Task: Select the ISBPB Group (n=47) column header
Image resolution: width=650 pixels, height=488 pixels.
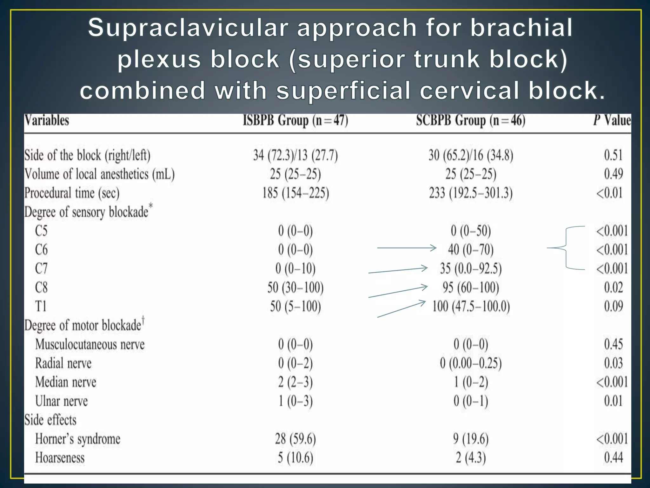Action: pyautogui.click(x=295, y=121)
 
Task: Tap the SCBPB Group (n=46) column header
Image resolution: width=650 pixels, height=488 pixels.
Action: pyautogui.click(x=471, y=121)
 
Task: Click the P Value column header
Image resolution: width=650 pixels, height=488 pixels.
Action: pyautogui.click(x=612, y=120)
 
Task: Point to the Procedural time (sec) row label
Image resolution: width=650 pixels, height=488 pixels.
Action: pyautogui.click(x=72, y=193)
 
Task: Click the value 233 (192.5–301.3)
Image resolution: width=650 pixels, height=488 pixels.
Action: pyautogui.click(x=471, y=193)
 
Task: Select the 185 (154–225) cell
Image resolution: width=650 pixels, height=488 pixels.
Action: pyautogui.click(x=295, y=193)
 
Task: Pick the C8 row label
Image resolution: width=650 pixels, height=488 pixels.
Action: pyautogui.click(x=41, y=288)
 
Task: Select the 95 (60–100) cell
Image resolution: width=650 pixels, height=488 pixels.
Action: pyautogui.click(x=471, y=288)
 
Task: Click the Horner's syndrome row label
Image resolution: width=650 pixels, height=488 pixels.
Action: pyautogui.click(x=78, y=439)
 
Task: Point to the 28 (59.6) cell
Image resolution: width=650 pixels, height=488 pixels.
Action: pyautogui.click(x=295, y=439)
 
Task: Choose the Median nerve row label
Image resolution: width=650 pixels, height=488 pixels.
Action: pyautogui.click(x=66, y=382)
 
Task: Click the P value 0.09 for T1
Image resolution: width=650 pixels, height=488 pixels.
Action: pyautogui.click(x=613, y=306)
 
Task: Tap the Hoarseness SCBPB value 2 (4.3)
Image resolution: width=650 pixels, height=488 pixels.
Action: pyautogui.click(x=471, y=458)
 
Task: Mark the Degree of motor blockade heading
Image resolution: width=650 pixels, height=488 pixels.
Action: pyautogui.click(x=83, y=325)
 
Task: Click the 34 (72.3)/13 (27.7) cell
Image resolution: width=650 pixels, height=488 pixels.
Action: pyautogui.click(x=295, y=155)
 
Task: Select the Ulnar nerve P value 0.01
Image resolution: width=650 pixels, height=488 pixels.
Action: pyautogui.click(x=613, y=401)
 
